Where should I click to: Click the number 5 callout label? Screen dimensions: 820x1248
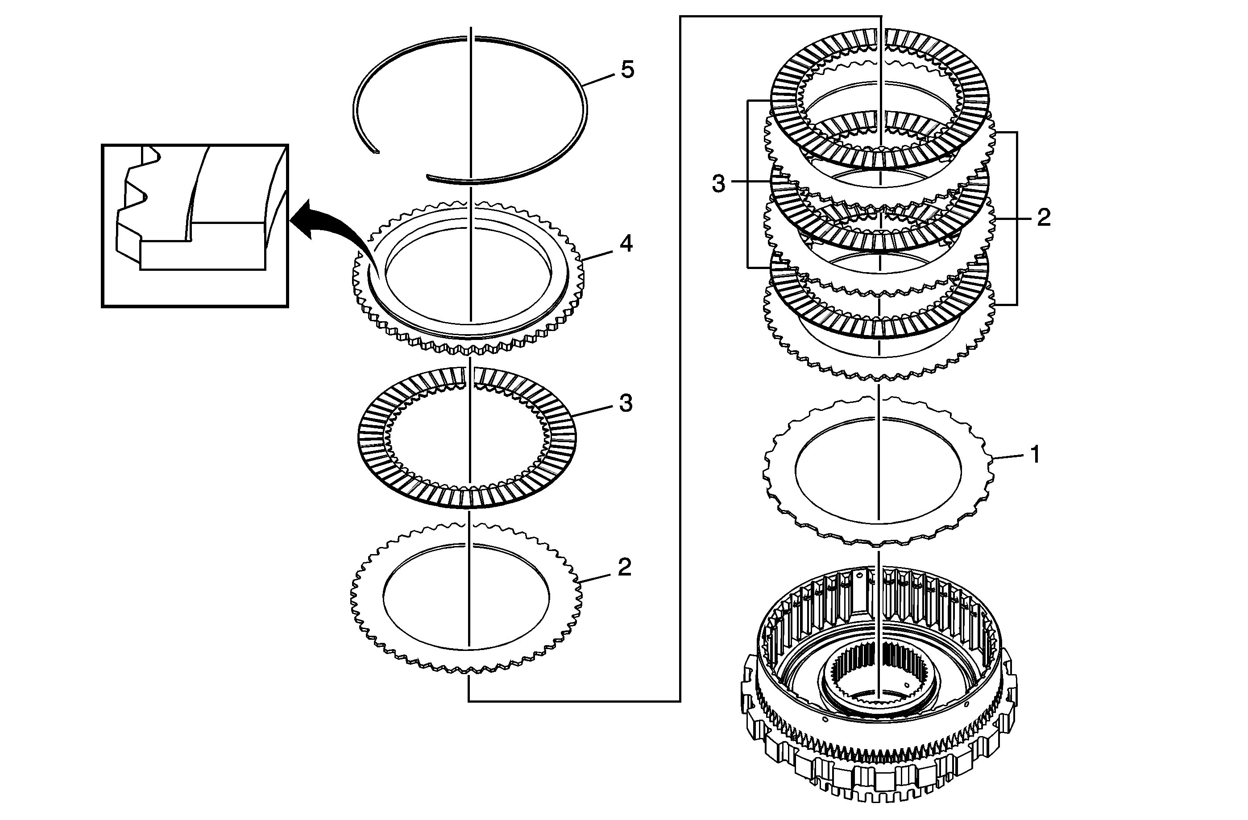tap(628, 70)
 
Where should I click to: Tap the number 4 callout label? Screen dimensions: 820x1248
tap(626, 244)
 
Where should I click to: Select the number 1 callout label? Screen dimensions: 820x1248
tap(1035, 455)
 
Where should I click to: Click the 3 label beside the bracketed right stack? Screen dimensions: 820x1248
tap(718, 184)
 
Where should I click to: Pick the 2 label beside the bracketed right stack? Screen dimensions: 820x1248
tap(1044, 218)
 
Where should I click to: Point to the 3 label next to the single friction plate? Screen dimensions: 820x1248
tap(626, 404)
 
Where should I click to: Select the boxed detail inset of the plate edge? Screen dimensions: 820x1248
tap(195, 225)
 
